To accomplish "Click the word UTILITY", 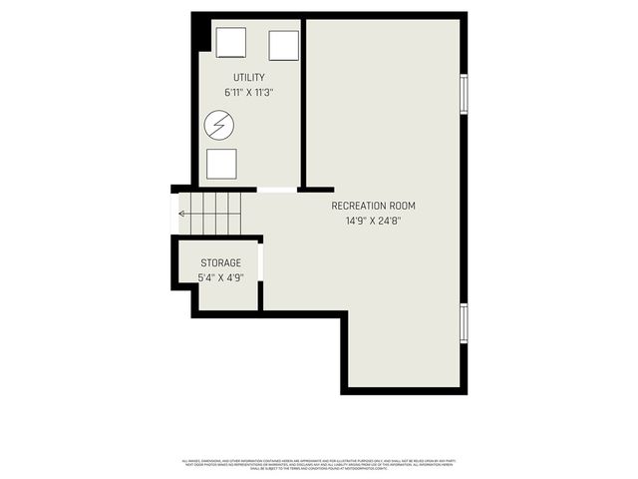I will (x=248, y=78).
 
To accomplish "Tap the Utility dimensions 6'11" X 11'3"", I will (x=248, y=93).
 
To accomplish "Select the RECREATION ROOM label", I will (x=373, y=206).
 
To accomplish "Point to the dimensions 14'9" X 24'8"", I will (x=373, y=222).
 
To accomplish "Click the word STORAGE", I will (x=219, y=262).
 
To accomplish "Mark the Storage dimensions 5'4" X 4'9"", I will (x=219, y=277).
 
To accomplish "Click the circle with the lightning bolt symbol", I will (x=219, y=125).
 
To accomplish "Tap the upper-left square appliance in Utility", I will (x=230, y=43).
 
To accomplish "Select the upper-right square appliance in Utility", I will (x=283, y=46).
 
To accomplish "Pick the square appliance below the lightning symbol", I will (x=221, y=164).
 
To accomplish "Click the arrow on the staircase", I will (x=182, y=213).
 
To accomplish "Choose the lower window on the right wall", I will (x=464, y=323).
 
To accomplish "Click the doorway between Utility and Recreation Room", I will (x=277, y=190).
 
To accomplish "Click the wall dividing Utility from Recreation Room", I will (x=303, y=100).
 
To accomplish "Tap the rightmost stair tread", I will (x=235, y=213).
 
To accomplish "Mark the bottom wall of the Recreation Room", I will (x=403, y=390).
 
